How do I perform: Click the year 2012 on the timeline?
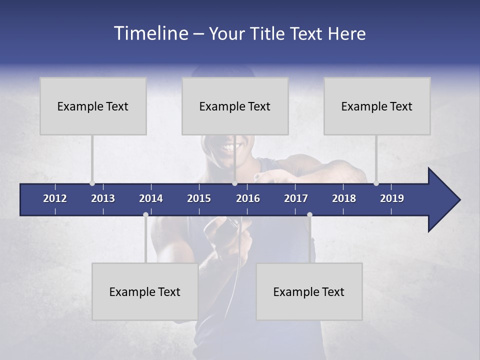click(55, 198)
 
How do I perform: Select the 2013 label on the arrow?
click(103, 198)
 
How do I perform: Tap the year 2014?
click(151, 198)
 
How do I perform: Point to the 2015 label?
click(199, 198)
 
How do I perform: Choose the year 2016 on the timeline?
click(248, 198)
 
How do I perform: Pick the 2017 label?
click(296, 198)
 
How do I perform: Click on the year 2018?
click(344, 198)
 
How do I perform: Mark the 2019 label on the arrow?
click(392, 198)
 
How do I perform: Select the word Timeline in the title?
click(150, 33)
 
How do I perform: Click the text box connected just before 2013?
click(93, 106)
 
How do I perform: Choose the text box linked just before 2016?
click(235, 106)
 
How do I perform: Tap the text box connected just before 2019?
click(377, 106)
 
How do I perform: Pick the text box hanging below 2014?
click(145, 291)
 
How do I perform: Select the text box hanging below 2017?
click(309, 291)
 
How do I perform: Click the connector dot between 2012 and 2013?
click(92, 183)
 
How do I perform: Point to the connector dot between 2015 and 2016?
click(234, 183)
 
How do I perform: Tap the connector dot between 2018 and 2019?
click(376, 183)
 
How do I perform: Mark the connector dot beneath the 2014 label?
click(145, 215)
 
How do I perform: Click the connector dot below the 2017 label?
click(309, 215)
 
